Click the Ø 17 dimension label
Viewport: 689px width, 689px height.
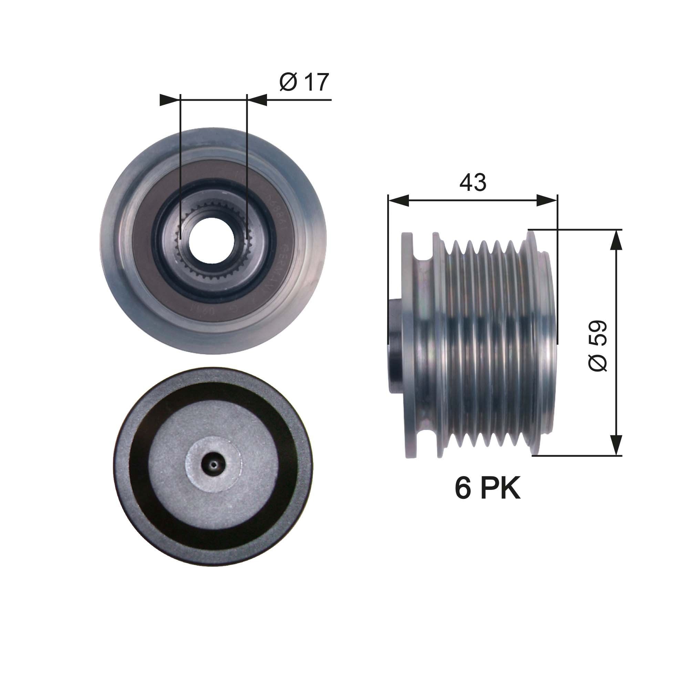click(304, 82)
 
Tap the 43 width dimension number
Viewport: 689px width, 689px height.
click(473, 182)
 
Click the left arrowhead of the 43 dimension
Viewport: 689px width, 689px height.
click(398, 201)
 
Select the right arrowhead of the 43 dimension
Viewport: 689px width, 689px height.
click(547, 201)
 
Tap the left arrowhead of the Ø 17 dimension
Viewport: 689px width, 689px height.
click(169, 100)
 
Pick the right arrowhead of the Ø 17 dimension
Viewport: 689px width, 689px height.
click(258, 100)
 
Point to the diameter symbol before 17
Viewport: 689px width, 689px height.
click(288, 82)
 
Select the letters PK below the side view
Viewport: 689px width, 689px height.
click(501, 489)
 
